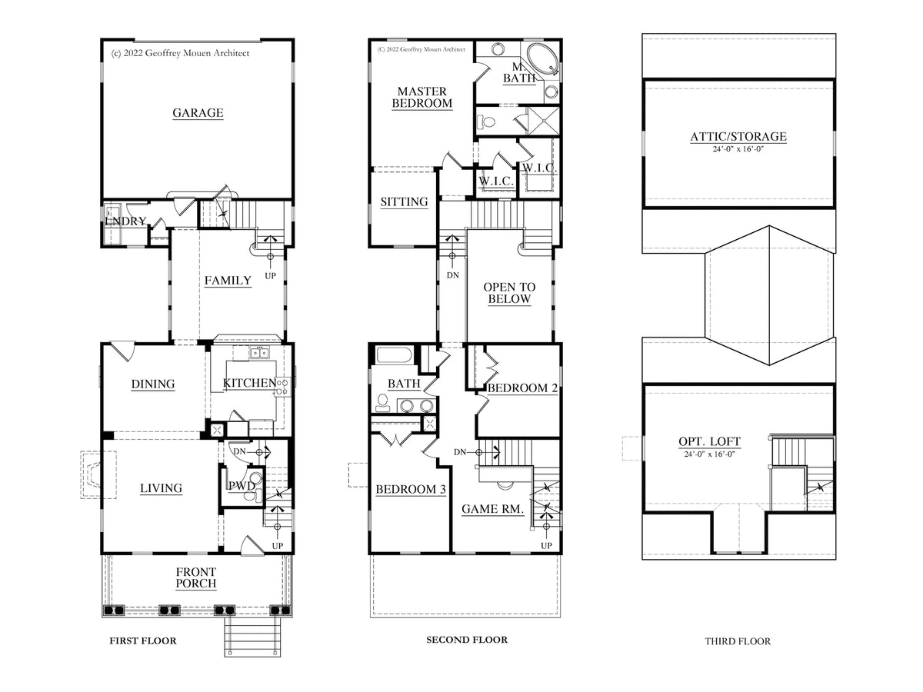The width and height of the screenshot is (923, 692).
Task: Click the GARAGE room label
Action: [198, 112]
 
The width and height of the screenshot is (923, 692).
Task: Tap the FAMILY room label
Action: [228, 280]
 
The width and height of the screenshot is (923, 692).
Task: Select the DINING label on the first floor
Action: [152, 384]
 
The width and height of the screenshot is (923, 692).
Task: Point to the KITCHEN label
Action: [249, 383]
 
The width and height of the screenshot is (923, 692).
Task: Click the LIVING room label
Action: [161, 488]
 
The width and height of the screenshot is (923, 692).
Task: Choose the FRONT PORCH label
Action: [196, 577]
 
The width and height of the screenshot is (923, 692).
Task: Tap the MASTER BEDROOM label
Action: [422, 97]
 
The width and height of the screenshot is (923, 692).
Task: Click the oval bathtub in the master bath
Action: [543, 59]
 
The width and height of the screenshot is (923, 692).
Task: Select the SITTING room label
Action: [404, 201]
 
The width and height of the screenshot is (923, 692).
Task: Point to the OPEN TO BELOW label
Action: [509, 293]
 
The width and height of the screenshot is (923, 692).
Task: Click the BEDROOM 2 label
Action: [522, 388]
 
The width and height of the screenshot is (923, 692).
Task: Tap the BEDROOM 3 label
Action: [411, 489]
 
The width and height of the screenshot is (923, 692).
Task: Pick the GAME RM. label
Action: [492, 509]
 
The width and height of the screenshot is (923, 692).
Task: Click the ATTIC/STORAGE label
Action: [738, 137]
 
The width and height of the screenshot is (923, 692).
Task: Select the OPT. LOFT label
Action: [709, 441]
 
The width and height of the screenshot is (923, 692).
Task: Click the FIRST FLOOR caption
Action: [143, 640]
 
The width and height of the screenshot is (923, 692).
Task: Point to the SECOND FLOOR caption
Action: [467, 640]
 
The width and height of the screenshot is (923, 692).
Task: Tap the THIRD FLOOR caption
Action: [738, 641]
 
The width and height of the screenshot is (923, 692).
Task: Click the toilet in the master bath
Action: [487, 121]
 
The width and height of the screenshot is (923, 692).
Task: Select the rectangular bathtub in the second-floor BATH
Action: [393, 355]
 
